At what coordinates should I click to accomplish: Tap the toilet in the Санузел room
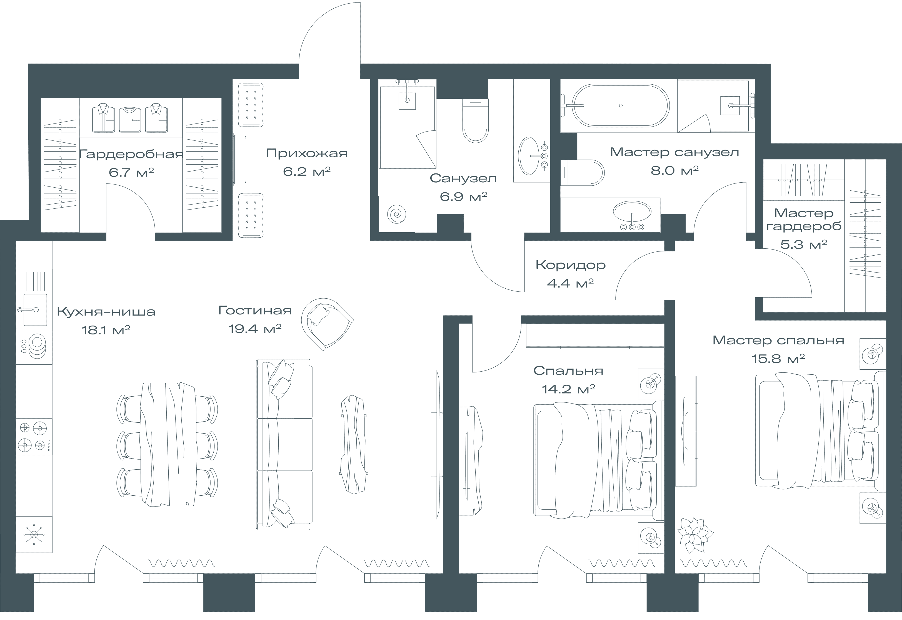point(475,121)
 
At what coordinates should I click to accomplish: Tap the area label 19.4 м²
point(255,329)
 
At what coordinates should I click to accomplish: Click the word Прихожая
point(306,153)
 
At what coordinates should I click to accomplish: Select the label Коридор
point(570,265)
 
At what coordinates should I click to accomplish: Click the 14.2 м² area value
point(568,389)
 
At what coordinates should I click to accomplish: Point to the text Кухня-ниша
point(106,312)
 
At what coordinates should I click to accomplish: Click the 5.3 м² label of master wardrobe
point(804,244)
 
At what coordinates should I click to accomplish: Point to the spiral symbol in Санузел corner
point(397,214)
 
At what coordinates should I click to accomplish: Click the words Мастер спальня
point(778,340)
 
